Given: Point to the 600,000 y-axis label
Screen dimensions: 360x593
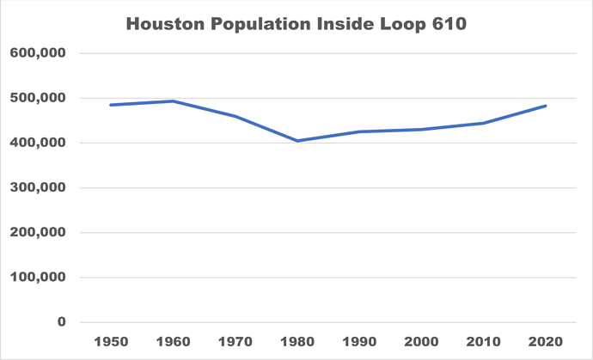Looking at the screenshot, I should pyautogui.click(x=38, y=53).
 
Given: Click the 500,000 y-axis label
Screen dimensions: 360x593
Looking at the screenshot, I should pyautogui.click(x=38, y=98).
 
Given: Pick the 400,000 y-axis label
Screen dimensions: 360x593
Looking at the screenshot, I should pyautogui.click(x=38, y=143).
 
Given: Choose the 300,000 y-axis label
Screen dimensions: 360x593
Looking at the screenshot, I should pyautogui.click(x=38, y=187).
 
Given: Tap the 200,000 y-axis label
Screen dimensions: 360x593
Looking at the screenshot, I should pyautogui.click(x=38, y=233).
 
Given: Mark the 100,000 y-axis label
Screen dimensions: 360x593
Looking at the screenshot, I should pyautogui.click(x=38, y=278).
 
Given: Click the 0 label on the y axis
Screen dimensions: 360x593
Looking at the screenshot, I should pyautogui.click(x=61, y=322).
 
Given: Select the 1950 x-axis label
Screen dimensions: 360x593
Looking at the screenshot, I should pyautogui.click(x=111, y=341).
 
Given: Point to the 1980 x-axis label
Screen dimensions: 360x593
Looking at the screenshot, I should pyautogui.click(x=297, y=341).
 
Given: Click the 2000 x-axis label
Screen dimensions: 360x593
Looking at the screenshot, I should pyautogui.click(x=422, y=341).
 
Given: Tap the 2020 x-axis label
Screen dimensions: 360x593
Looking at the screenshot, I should pyautogui.click(x=546, y=341).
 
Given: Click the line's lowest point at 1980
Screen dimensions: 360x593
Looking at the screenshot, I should pyautogui.click(x=297, y=141).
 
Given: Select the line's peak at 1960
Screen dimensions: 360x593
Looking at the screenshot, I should pyautogui.click(x=173, y=101).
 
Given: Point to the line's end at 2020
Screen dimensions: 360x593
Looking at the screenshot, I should pyautogui.click(x=546, y=106).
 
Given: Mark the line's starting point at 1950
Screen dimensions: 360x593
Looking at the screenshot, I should pyautogui.click(x=111, y=105).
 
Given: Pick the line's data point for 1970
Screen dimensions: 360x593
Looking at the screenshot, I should pyautogui.click(x=235, y=116).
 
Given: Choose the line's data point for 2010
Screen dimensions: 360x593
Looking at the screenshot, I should pyautogui.click(x=484, y=123).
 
